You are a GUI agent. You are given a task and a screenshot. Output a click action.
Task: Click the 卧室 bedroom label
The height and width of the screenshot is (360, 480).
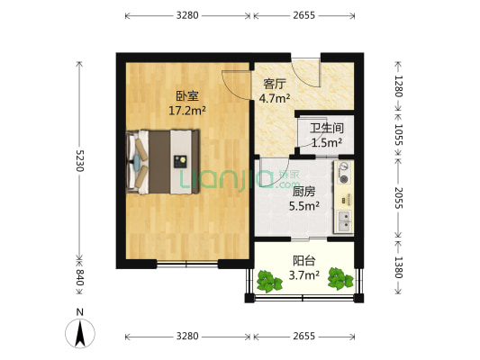click(186, 97)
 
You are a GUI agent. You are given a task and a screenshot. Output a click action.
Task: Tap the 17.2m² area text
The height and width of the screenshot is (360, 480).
click(186, 112)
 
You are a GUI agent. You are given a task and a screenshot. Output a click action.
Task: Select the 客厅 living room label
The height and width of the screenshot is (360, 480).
click(273, 84)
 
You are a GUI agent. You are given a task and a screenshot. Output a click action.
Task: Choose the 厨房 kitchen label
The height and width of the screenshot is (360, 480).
click(303, 191)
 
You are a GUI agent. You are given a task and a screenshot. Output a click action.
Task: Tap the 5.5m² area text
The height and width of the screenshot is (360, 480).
click(303, 205)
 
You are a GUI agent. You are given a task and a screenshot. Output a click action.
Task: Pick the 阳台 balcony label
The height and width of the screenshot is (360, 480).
click(303, 261)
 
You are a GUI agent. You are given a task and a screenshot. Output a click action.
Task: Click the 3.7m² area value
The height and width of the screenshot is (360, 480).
click(303, 275)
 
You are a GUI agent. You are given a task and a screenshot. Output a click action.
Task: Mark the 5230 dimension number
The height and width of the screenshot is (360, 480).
click(79, 160)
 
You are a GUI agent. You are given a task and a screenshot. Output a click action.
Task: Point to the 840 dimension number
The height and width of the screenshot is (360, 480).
click(79, 279)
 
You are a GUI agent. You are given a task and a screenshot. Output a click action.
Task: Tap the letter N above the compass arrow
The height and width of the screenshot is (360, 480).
click(80, 313)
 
